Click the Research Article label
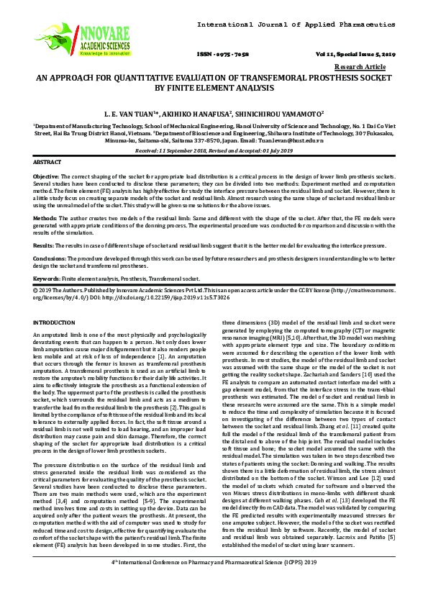point(373,66)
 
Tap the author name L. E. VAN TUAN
point(134,113)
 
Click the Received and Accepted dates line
point(214,150)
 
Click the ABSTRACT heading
point(47,163)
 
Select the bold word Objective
point(47,176)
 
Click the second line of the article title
point(214,89)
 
